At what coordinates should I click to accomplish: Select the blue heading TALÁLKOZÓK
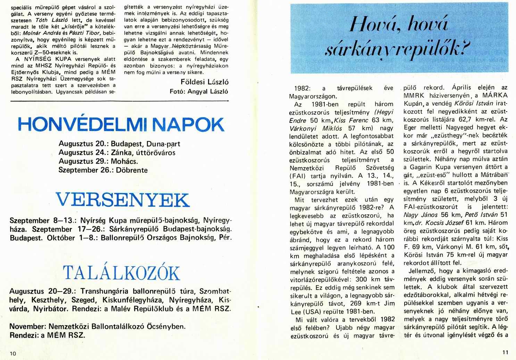point(121,274)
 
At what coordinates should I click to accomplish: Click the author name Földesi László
point(205,82)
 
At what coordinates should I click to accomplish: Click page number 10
point(13,353)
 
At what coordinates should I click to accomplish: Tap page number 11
point(505,351)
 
